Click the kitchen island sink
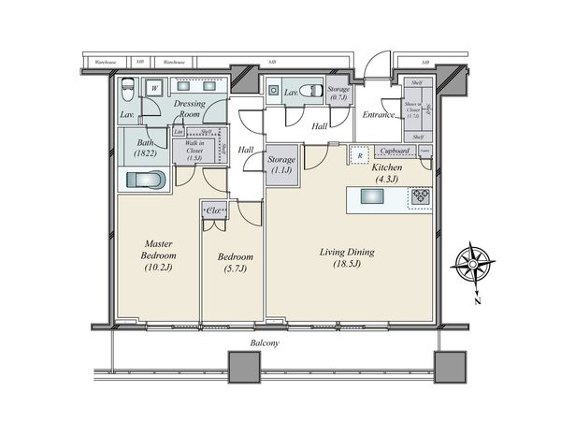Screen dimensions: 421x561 370,196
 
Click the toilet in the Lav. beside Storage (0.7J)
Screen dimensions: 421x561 273,92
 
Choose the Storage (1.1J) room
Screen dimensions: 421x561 281,166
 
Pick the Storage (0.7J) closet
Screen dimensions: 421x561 338,92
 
